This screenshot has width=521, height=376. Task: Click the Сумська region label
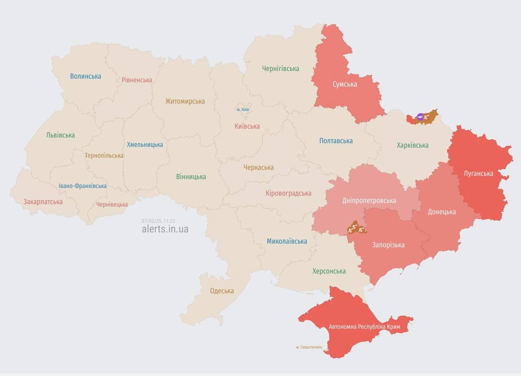pos(345,84)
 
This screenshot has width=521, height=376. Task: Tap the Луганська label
pos(479,173)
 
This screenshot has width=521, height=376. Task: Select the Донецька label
pos(442,211)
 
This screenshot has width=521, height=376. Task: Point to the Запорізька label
pos(388,245)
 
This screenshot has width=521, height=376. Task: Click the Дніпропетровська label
pos(369,200)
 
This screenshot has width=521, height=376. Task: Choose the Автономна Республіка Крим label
pos(364,327)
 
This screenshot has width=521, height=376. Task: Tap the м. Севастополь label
pos(309,347)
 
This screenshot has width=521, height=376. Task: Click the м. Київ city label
pos(243,109)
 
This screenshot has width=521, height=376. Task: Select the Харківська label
pos(412,145)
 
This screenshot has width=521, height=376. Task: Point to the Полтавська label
pos(336,141)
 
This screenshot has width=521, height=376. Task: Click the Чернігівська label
pos(280,69)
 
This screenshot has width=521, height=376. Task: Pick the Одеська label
pos(222,291)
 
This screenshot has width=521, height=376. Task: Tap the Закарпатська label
pos(43,201)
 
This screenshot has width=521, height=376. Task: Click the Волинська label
pos(85,76)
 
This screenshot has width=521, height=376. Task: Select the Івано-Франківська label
pos(82,186)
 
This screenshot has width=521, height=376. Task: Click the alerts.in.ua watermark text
pos(165,229)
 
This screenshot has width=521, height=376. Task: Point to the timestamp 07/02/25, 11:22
pos(158,221)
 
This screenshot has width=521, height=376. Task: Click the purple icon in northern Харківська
pos(420,117)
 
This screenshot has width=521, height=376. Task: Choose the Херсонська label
pos(329,271)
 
